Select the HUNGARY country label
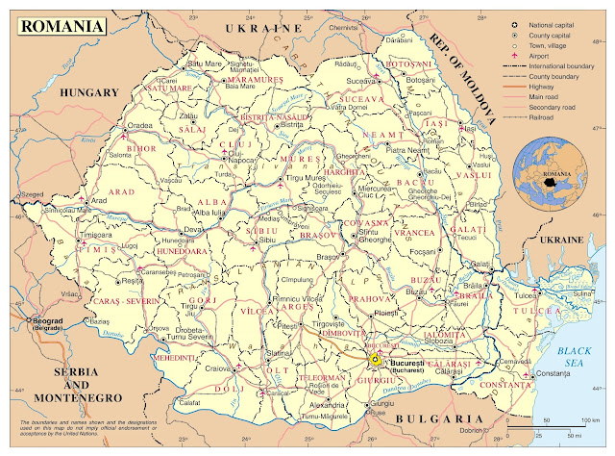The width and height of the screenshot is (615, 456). click(88, 92)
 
